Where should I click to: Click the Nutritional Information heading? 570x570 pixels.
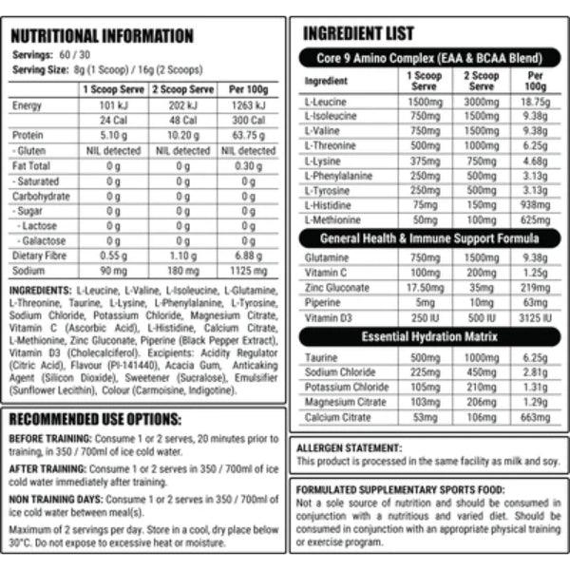click(x=102, y=36)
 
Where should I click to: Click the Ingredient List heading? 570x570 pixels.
click(x=358, y=34)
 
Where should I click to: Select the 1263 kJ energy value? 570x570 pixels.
click(x=248, y=105)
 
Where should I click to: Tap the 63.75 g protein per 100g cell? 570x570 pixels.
click(x=248, y=136)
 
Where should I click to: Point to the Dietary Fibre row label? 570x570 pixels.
click(x=39, y=256)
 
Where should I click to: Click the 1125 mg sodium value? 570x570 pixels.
click(x=248, y=271)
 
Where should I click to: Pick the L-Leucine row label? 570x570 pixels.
click(x=324, y=102)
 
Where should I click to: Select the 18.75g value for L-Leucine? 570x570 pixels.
click(x=536, y=102)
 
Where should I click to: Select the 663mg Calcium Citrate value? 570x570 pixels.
click(x=536, y=417)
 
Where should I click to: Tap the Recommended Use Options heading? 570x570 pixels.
click(x=94, y=419)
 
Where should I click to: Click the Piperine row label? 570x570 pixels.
click(x=322, y=301)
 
